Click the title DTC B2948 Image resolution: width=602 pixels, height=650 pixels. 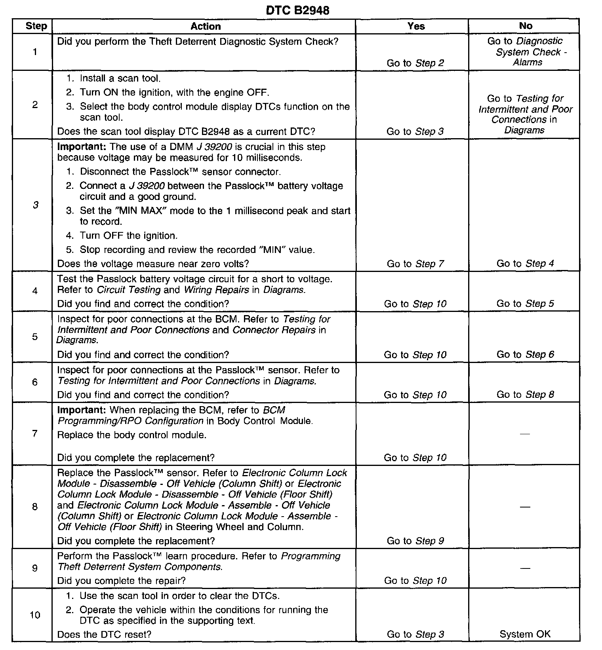tap(297, 10)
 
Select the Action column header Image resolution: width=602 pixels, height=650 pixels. tap(206, 27)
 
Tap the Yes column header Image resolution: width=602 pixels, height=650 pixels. tap(416, 27)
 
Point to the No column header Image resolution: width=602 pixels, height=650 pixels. tap(525, 26)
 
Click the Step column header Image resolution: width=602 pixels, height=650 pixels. tap(36, 27)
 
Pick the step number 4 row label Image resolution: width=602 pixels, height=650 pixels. tap(35, 291)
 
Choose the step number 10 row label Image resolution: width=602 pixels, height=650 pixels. tap(35, 615)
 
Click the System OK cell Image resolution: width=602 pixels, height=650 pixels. tap(525, 634)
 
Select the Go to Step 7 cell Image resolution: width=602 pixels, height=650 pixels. tap(415, 264)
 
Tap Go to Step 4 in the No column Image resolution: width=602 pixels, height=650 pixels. tap(525, 264)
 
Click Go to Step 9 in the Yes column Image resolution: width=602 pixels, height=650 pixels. tap(415, 541)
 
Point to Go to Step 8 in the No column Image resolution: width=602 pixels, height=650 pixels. tap(525, 395)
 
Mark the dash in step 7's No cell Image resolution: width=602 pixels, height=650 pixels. tap(525, 434)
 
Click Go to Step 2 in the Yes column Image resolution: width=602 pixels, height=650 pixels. tap(415, 63)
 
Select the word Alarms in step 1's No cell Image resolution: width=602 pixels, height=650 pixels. tap(528, 63)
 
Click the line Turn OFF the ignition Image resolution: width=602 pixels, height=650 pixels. tap(128, 236)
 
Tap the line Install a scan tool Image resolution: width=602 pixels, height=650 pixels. tap(120, 79)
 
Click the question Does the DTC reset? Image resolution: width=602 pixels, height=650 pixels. tap(104, 635)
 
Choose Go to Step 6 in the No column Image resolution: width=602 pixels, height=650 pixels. tap(525, 355)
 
